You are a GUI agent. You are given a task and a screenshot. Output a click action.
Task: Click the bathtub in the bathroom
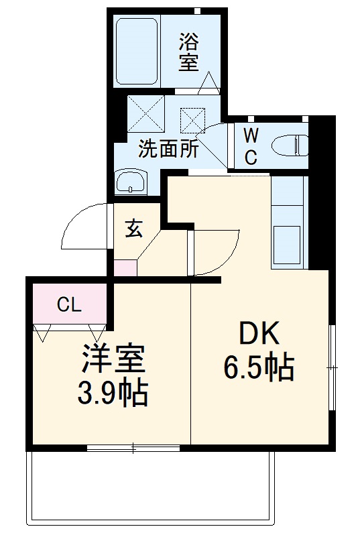click(x=137, y=51)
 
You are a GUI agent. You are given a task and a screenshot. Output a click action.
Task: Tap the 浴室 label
click(x=188, y=53)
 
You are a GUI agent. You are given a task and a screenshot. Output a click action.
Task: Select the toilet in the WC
click(x=290, y=144)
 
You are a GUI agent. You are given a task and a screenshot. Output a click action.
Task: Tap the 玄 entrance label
click(x=134, y=229)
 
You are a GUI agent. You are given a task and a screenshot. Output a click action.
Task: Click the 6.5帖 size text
click(x=258, y=367)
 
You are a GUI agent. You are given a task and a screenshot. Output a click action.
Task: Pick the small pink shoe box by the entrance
click(x=125, y=267)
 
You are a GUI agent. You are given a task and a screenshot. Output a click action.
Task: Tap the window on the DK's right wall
click(x=333, y=367)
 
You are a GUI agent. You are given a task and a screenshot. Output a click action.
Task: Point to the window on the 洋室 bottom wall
click(x=133, y=447)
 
